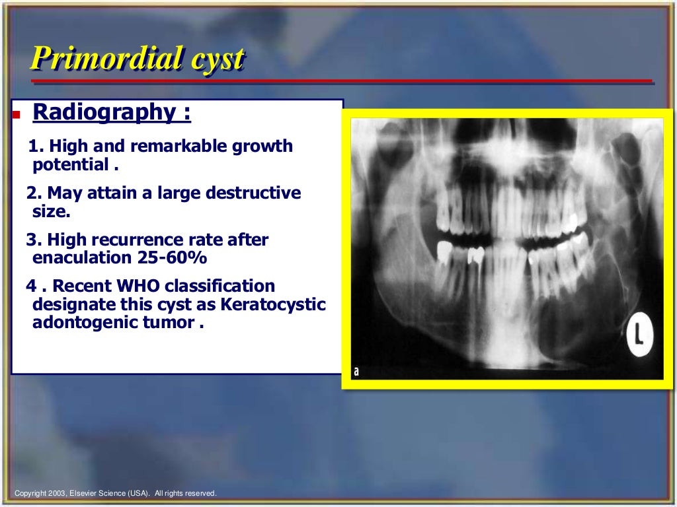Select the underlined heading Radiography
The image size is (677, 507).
pos(111,112)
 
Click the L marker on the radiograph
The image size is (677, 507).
pos(640,335)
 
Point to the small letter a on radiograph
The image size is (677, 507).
pos(356,372)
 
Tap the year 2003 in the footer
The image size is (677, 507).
pos(57,493)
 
